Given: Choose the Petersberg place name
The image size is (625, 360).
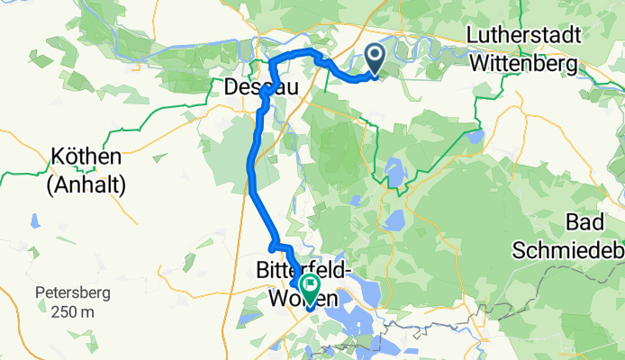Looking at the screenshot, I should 77,292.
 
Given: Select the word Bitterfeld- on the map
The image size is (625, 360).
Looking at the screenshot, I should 310,270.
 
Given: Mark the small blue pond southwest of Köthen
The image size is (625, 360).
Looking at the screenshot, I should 34,220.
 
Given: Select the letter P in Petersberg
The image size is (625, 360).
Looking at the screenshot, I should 41,292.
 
